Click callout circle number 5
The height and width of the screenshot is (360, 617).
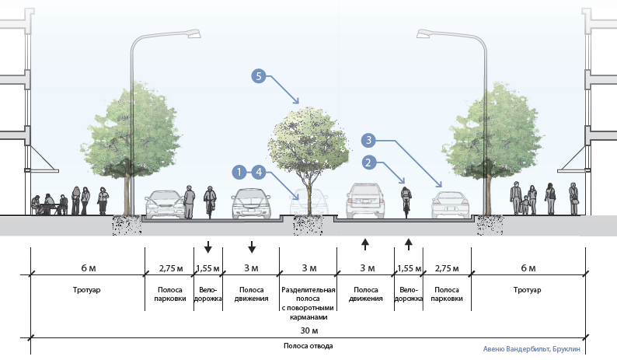[259, 76]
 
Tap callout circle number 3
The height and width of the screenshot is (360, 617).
[370, 141]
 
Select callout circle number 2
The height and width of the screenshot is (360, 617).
[370, 163]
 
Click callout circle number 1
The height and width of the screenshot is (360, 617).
[240, 170]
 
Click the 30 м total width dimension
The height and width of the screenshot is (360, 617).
[308, 329]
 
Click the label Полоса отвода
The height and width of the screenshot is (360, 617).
[308, 344]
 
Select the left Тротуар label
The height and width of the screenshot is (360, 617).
[88, 289]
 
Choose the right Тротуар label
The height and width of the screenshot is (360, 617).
[529, 289]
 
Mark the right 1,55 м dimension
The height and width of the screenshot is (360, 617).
[409, 268]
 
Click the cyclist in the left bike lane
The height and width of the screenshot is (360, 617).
[208, 201]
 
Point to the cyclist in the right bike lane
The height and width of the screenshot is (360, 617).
[404, 201]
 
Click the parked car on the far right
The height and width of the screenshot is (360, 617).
[447, 204]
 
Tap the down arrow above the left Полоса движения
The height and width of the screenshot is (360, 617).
[252, 248]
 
